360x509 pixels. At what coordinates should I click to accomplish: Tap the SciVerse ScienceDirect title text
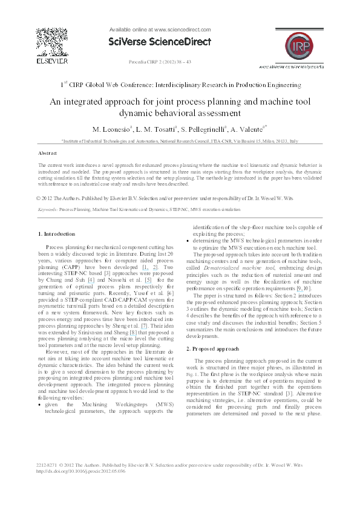click(x=160, y=42)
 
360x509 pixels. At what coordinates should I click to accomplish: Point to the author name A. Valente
click(x=246, y=129)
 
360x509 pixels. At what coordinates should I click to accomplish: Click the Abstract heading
click(x=47, y=154)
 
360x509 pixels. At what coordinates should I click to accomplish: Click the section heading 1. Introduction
click(x=56, y=233)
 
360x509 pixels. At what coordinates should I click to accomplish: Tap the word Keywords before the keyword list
click(x=47, y=209)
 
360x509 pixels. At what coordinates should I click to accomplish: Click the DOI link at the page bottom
click(x=81, y=471)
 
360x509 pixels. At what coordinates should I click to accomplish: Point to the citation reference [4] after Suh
click(x=91, y=280)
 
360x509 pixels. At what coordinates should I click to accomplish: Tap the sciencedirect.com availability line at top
click(x=160, y=29)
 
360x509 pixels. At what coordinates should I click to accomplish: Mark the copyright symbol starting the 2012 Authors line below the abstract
click(x=39, y=198)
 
